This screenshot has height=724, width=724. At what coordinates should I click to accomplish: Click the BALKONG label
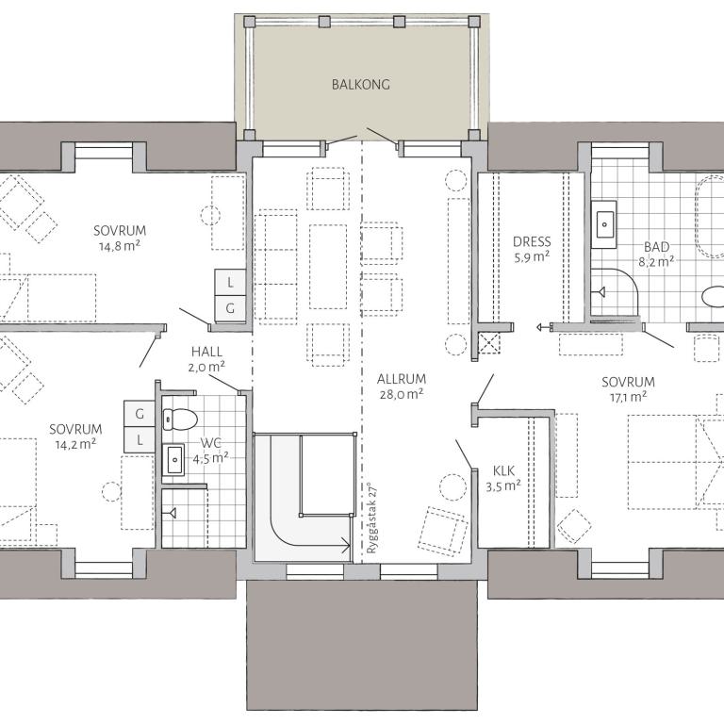coord(361,85)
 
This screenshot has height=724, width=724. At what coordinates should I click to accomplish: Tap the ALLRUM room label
coord(402,379)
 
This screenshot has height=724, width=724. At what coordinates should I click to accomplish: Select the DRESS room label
coord(532,241)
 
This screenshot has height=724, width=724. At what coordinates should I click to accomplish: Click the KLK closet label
coord(503,471)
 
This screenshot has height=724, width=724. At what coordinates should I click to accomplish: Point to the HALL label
coord(206,352)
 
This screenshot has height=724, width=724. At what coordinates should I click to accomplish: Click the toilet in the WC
coord(180,420)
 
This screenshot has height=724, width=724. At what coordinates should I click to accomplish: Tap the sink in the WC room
coord(174,460)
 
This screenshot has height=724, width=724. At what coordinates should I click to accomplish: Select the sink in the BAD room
coord(604,224)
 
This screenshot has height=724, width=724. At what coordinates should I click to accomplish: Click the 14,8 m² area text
coord(120,246)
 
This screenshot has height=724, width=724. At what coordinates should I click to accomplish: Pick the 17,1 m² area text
coord(629,397)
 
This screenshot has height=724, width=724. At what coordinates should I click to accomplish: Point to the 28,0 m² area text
coord(402,394)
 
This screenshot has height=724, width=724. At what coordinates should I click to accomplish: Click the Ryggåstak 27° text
coord(371,518)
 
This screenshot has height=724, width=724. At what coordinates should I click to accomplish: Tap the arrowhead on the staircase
coord(346,545)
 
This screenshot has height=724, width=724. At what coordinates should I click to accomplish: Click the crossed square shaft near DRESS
coord(489,343)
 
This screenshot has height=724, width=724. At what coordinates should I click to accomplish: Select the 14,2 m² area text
coord(75,444)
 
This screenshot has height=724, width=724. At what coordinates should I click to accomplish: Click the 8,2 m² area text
coord(656,262)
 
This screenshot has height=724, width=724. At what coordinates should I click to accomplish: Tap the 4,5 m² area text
coord(210,458)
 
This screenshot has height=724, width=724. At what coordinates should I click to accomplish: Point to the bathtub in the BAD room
coord(710,216)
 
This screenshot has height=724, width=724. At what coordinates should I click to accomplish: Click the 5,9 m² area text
coord(532,256)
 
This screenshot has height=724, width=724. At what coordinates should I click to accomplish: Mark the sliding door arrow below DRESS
coord(544,327)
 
